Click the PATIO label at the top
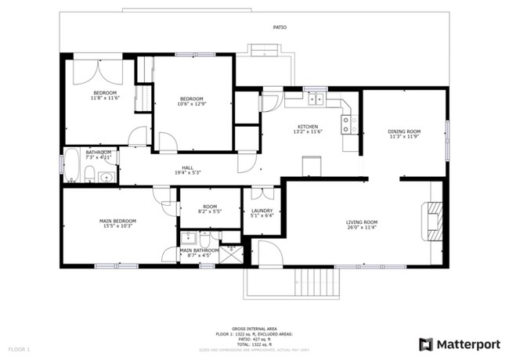[x=280, y=27]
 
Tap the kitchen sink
[x=316, y=99]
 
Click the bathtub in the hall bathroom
[x=71, y=166]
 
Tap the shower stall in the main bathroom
[x=231, y=254]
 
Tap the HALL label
[x=187, y=167]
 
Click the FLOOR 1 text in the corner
[x=19, y=347]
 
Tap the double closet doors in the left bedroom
[x=97, y=71]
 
